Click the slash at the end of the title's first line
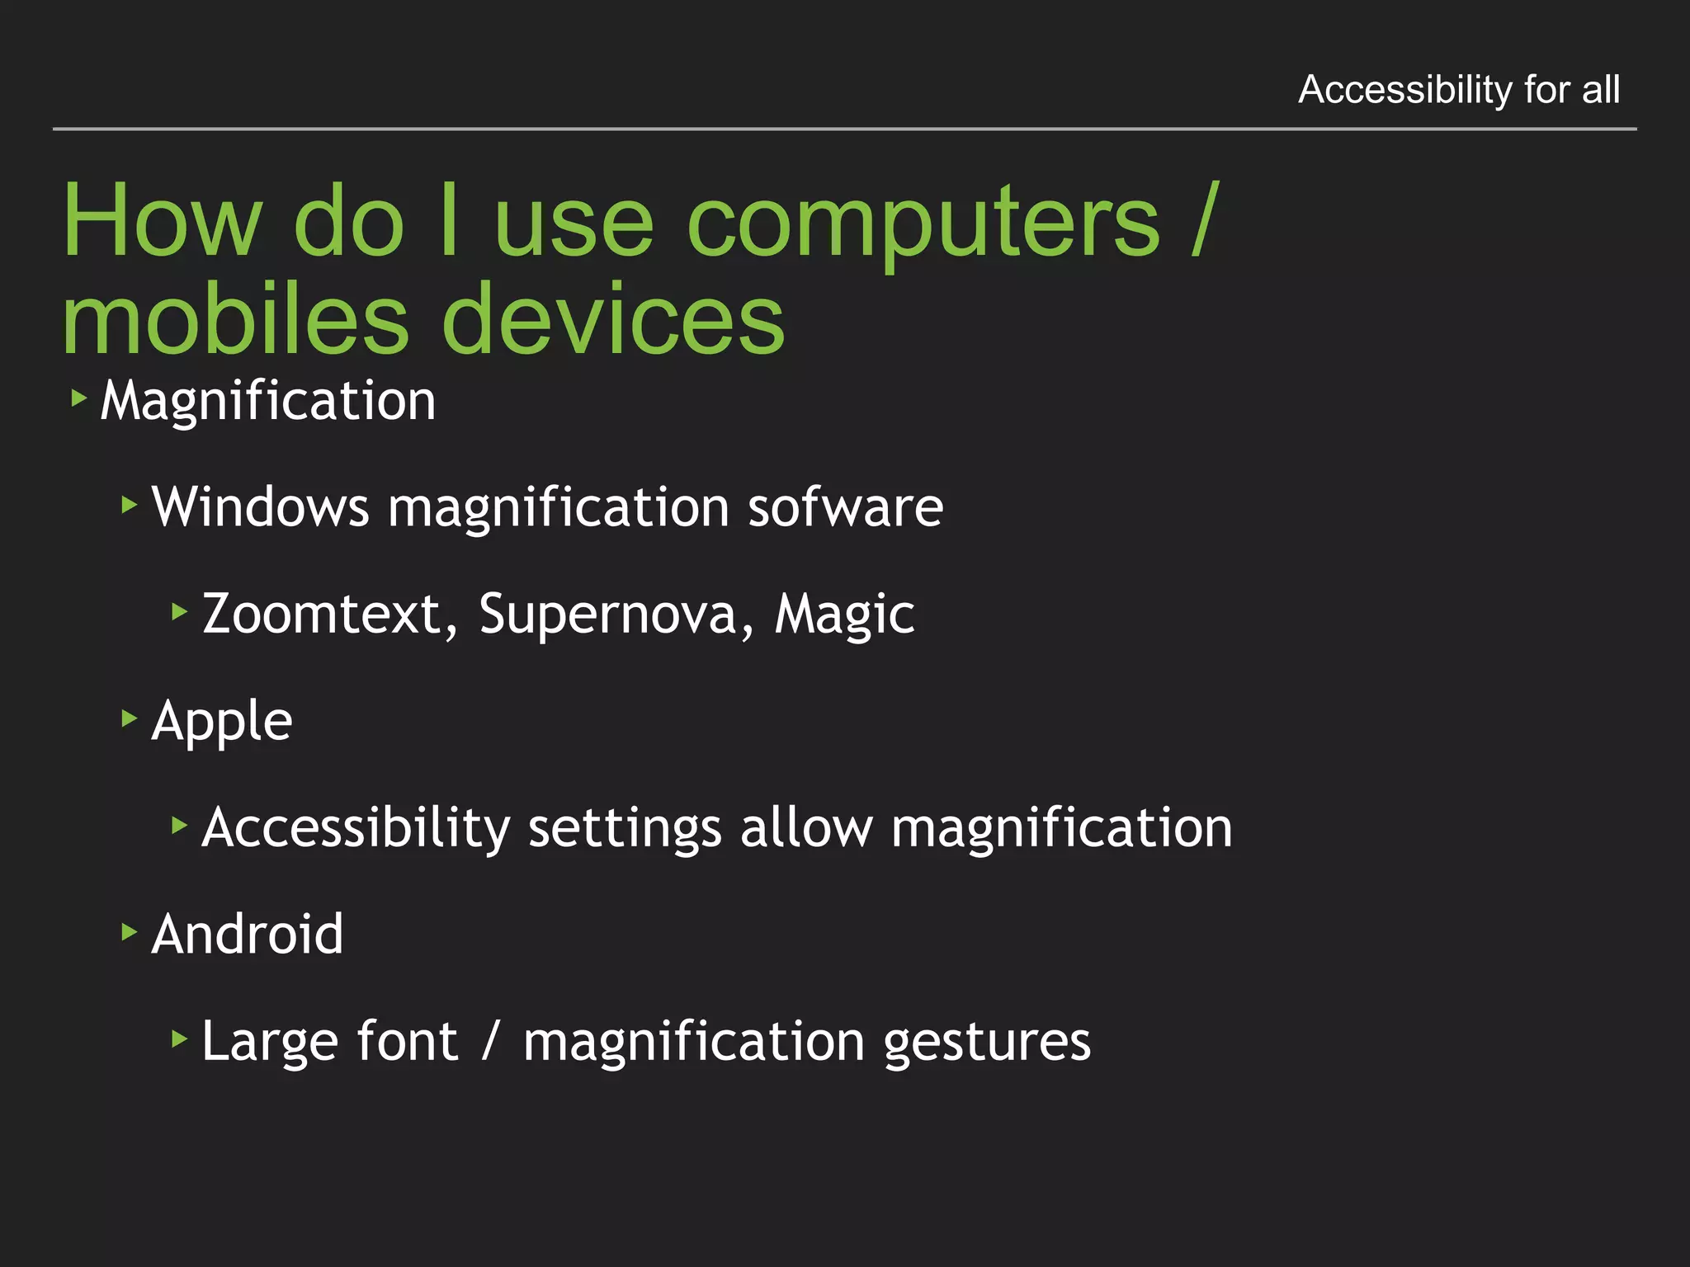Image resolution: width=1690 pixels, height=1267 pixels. point(1204,221)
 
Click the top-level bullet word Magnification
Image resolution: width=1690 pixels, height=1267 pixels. point(268,402)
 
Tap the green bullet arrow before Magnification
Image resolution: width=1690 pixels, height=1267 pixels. point(79,399)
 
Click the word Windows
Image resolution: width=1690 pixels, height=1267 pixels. point(261,506)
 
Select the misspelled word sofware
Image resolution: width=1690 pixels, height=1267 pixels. point(845,506)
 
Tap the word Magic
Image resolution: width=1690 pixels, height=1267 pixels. point(844,615)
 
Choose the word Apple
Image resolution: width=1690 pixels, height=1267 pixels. point(222,722)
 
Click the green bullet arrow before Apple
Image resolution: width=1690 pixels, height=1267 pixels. point(130,718)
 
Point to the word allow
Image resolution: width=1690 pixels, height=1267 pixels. point(806,828)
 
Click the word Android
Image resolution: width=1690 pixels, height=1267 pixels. point(248,935)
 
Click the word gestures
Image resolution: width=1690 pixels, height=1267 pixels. point(987,1042)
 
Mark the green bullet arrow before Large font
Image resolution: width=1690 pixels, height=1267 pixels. point(180,1039)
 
